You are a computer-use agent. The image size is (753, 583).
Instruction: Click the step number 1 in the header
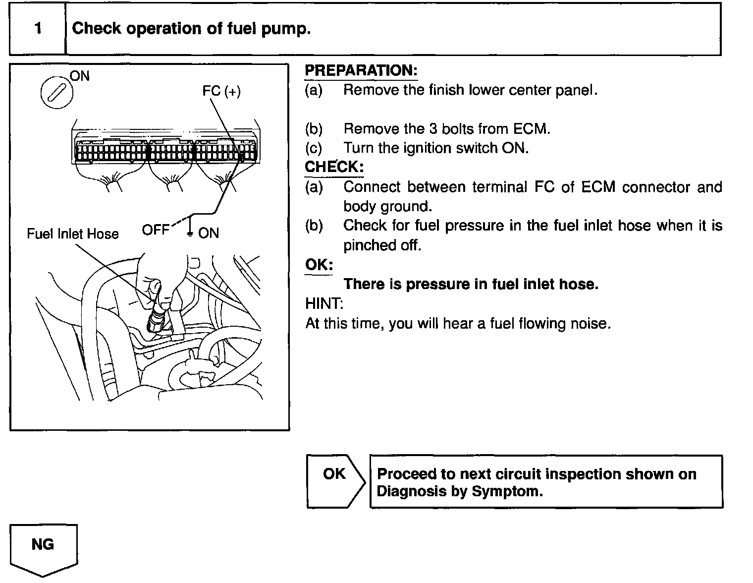tap(38, 29)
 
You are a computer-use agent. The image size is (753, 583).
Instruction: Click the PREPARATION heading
tap(361, 70)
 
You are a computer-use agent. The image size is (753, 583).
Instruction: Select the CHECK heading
tap(334, 167)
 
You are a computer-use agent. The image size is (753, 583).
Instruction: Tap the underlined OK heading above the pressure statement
tap(319, 265)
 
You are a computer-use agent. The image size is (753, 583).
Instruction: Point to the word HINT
tap(324, 303)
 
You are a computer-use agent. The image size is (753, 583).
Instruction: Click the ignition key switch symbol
tap(56, 93)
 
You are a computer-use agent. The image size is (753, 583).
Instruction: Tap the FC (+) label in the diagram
tap(221, 91)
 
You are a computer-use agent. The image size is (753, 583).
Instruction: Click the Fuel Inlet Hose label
tap(73, 234)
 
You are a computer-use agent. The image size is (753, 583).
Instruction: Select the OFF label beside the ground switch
tap(155, 230)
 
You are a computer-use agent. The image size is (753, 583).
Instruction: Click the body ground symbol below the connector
tap(190, 233)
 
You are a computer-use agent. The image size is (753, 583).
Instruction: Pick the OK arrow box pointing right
tap(335, 481)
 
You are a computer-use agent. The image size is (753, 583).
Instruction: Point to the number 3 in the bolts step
tap(434, 129)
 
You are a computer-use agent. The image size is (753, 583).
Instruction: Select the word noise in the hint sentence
tap(591, 324)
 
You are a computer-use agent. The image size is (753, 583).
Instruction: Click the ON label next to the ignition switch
tap(80, 76)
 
